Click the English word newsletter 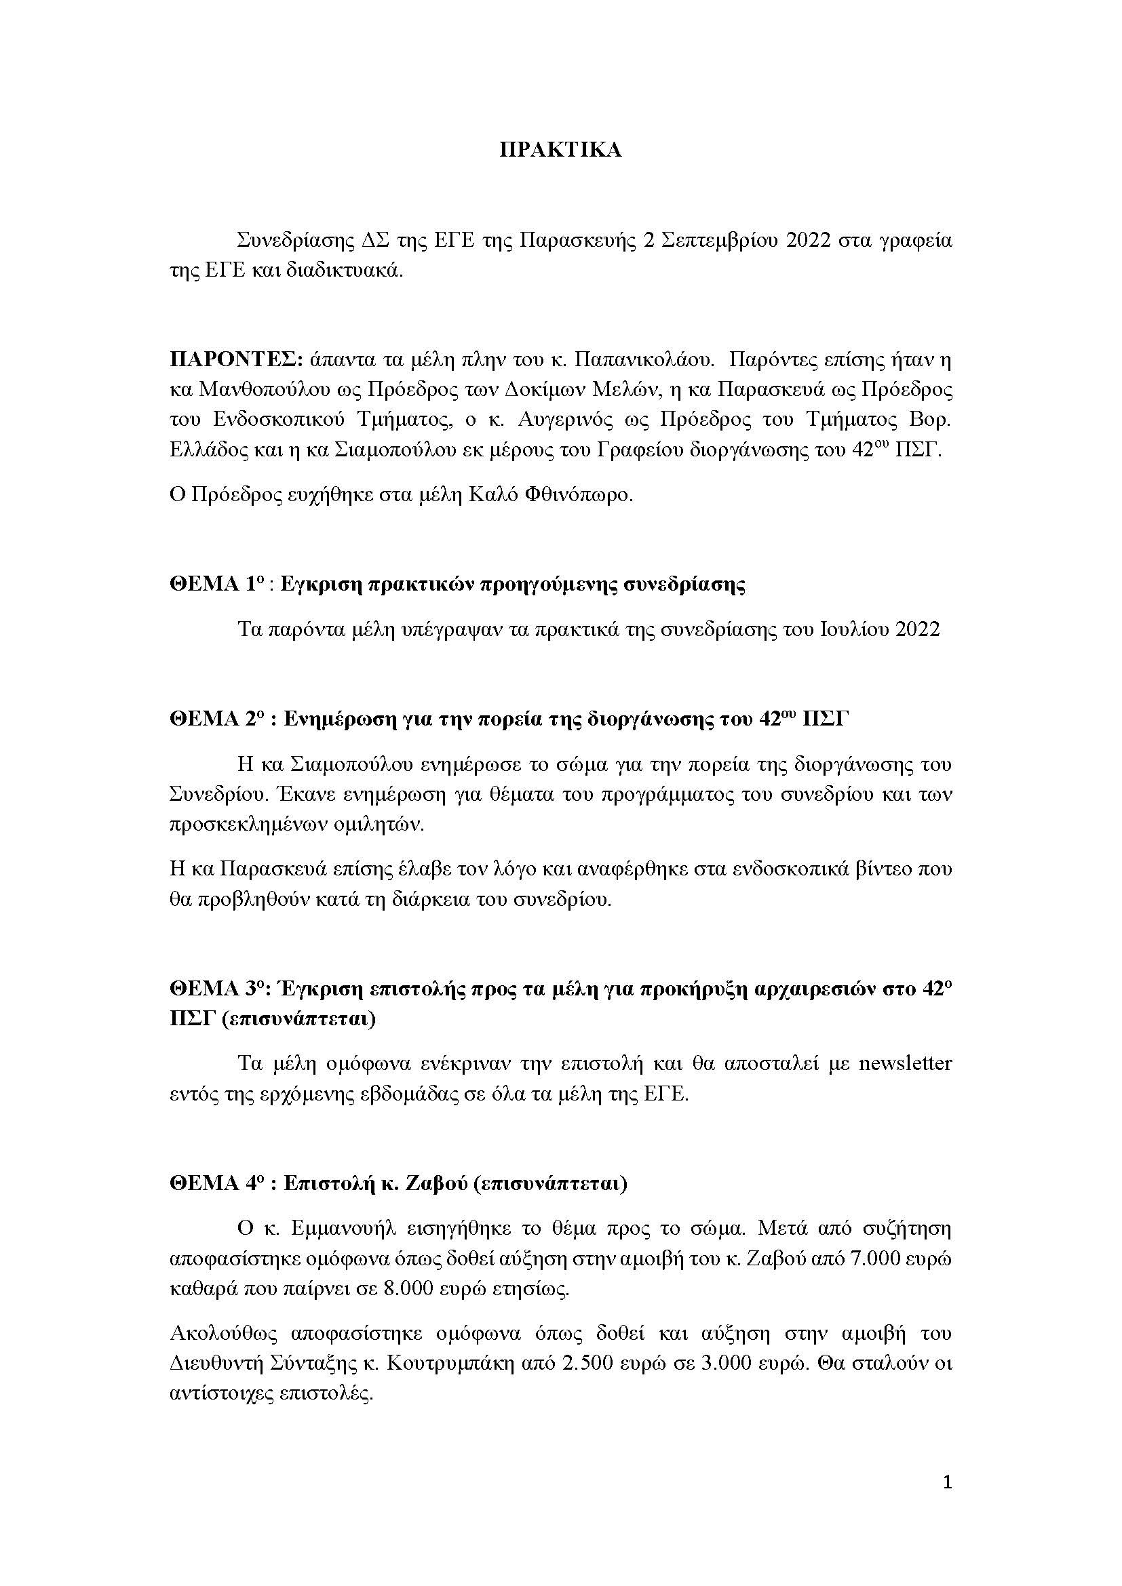tap(905, 1063)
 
